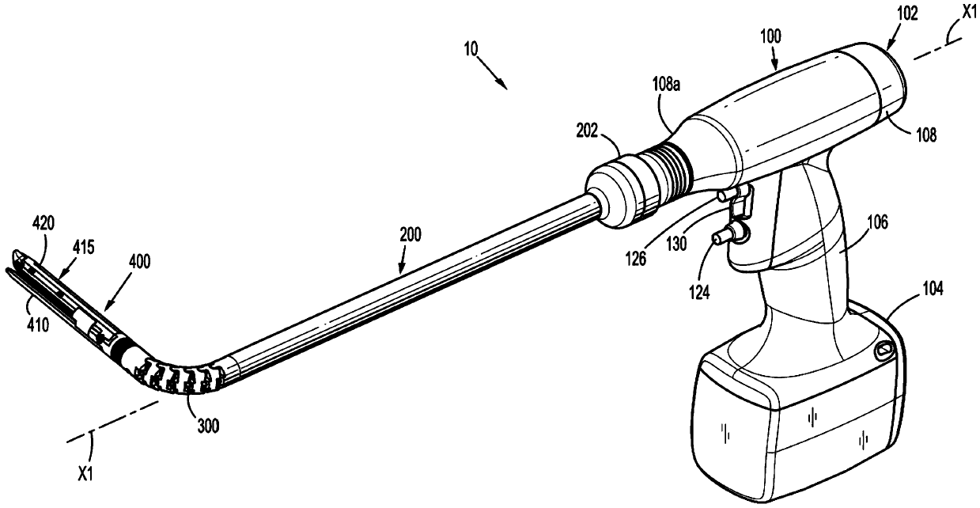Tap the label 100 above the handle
[770, 36]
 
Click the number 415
[83, 247]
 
